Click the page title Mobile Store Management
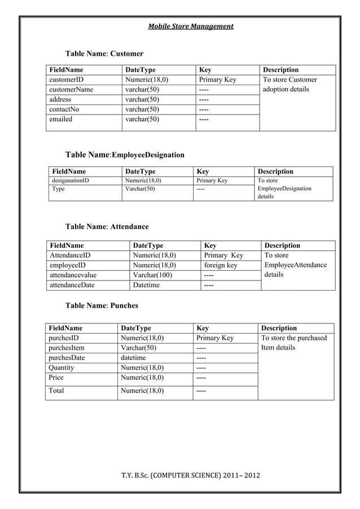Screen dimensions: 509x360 pos(190,27)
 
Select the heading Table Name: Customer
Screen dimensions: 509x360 pos(104,54)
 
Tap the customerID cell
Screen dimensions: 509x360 pos(67,80)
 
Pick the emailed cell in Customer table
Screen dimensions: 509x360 pos(61,119)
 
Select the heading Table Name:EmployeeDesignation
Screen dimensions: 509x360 pos(125,155)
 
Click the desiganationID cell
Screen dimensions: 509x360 pos(71,181)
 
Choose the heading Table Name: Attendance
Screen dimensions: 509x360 pos(107,226)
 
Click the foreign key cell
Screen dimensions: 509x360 pos(221,265)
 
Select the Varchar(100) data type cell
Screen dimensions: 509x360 pos(152,275)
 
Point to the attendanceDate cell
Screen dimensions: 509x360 pos(72,285)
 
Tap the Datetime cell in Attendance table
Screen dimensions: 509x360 pos(146,285)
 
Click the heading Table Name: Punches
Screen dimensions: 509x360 pos(102,305)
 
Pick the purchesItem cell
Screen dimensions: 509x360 pos(67,348)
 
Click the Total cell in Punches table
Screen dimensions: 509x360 pos(56,390)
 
